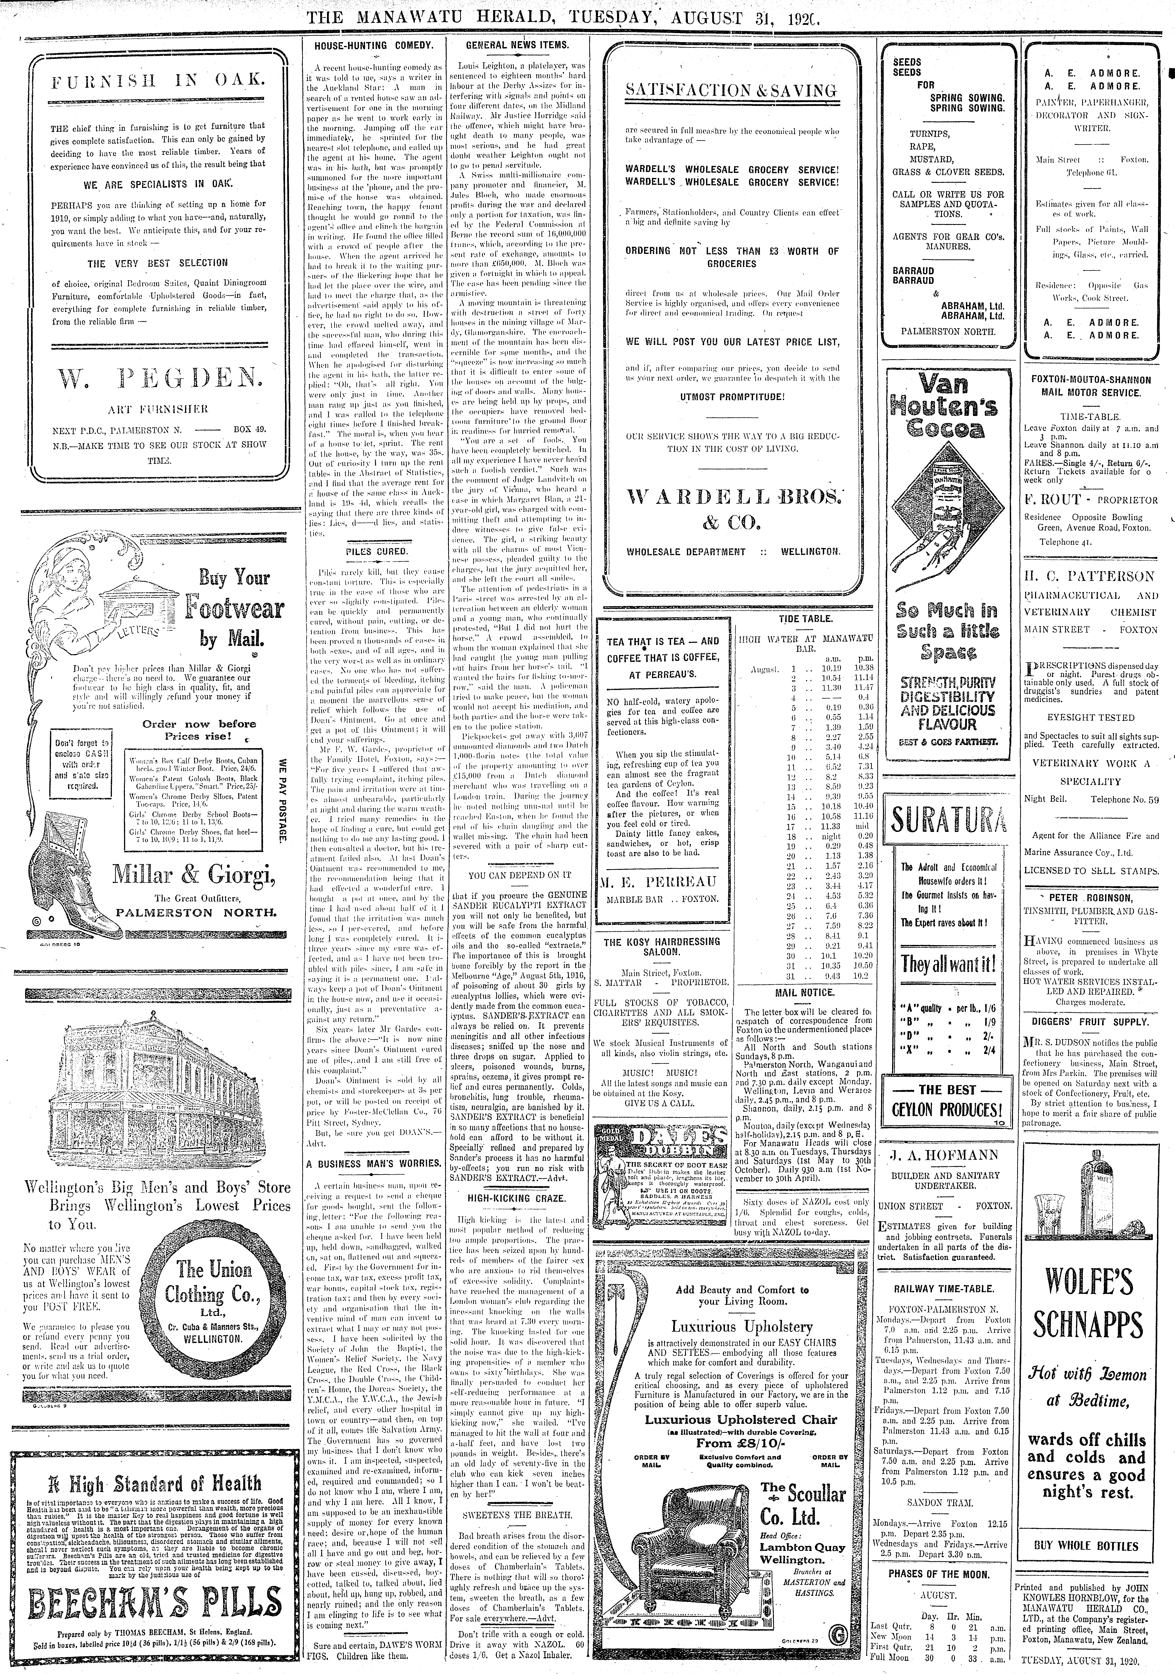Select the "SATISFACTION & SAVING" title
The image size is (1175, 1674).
click(731, 90)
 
